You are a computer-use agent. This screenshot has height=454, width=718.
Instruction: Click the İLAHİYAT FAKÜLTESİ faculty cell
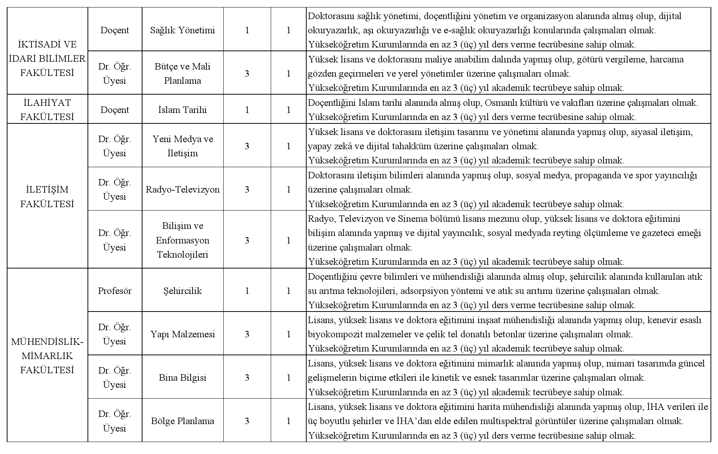[47, 110]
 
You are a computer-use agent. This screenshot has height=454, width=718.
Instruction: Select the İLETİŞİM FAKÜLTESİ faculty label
[47, 197]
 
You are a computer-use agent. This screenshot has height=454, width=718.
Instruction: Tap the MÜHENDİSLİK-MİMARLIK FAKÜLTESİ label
[47, 356]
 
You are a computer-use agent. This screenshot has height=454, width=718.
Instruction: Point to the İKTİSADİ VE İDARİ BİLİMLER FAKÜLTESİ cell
[47, 59]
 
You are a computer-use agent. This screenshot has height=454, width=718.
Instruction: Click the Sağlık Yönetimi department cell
[182, 30]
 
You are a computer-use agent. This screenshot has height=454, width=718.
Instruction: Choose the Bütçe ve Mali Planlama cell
[182, 73]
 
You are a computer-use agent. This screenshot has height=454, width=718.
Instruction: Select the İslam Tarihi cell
[182, 110]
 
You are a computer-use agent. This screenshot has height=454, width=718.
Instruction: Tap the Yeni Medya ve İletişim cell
[182, 146]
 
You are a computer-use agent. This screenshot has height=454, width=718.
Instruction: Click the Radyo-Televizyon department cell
[182, 190]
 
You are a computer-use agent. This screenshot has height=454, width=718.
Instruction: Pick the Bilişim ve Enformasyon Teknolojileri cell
[182, 240]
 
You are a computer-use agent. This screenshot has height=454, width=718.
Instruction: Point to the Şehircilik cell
[182, 291]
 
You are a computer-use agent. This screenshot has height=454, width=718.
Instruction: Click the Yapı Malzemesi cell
[182, 334]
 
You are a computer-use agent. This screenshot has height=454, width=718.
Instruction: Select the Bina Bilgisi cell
[182, 378]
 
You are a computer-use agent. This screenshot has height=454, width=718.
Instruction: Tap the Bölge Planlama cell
[182, 421]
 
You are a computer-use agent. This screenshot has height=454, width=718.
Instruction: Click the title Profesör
[115, 291]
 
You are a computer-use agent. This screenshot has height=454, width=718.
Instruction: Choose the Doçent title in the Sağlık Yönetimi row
[115, 30]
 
